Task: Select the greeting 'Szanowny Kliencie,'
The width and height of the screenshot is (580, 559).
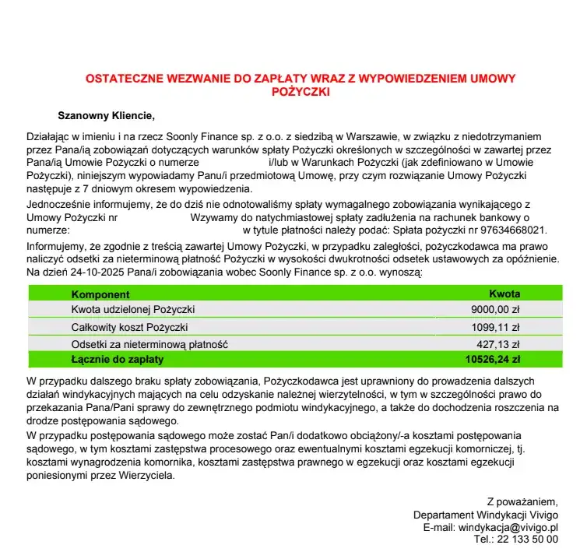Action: (107, 118)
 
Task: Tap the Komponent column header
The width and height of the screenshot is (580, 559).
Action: (100, 294)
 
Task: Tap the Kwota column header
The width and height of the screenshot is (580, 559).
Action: (504, 294)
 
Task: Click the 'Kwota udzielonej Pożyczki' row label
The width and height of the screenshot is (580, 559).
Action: (132, 310)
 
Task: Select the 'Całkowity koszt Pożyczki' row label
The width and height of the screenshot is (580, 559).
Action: (129, 327)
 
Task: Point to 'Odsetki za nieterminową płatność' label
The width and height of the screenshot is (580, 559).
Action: (149, 344)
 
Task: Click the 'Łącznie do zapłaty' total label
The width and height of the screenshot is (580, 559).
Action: (118, 360)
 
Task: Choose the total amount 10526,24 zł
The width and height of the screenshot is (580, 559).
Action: (493, 360)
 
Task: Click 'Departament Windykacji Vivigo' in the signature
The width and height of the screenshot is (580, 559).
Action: (486, 515)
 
